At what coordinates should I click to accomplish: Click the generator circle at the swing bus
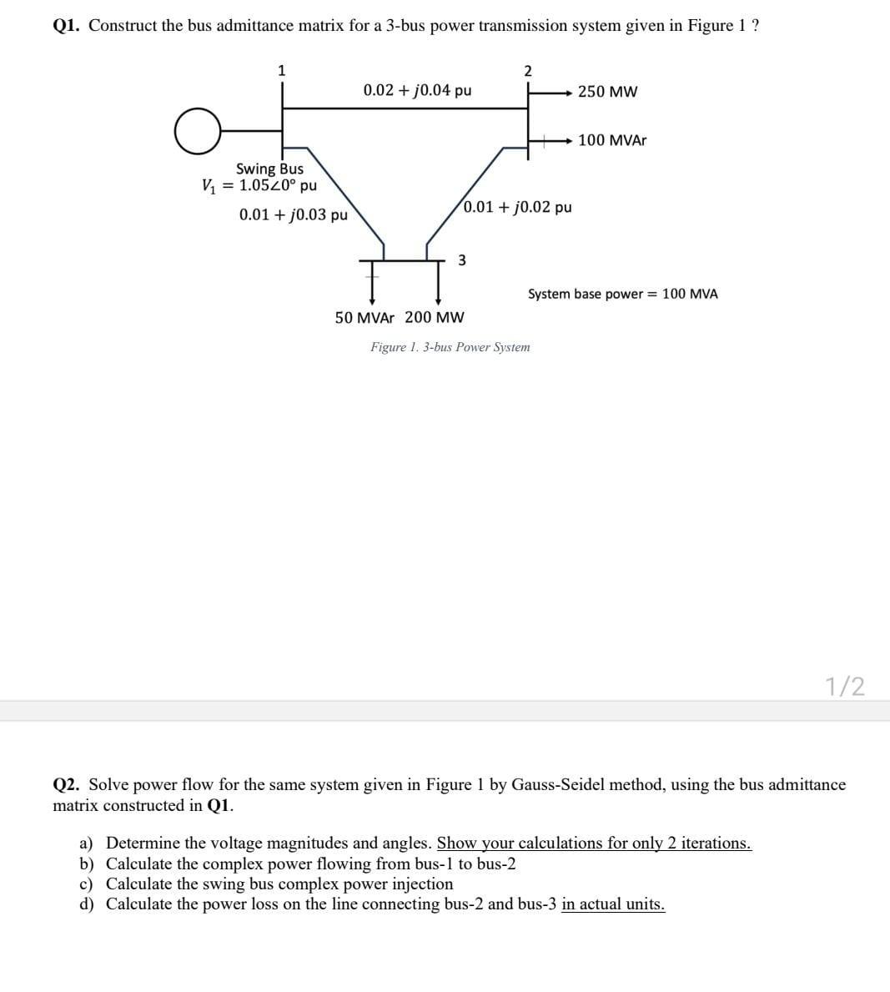click(x=198, y=131)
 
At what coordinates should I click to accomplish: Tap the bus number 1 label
click(x=282, y=70)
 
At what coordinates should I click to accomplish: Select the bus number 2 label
click(x=527, y=70)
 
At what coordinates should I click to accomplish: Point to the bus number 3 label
click(x=462, y=260)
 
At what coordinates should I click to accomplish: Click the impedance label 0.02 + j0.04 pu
click(x=417, y=90)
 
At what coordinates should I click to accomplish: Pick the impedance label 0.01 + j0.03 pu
click(x=293, y=214)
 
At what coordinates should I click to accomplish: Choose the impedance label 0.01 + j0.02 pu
click(x=518, y=206)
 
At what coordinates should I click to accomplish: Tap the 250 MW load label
click(x=607, y=92)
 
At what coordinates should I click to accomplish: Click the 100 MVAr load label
click(x=611, y=140)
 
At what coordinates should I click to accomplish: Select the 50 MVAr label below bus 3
click(x=365, y=318)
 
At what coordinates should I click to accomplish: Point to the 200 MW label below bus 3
click(x=435, y=318)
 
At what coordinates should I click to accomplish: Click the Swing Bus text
click(x=269, y=169)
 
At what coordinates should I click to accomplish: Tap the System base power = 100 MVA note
click(x=622, y=294)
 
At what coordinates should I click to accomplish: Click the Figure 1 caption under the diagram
click(x=450, y=347)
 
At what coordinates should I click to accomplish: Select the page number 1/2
click(x=845, y=686)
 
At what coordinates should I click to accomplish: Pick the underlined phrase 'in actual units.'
click(x=613, y=904)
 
